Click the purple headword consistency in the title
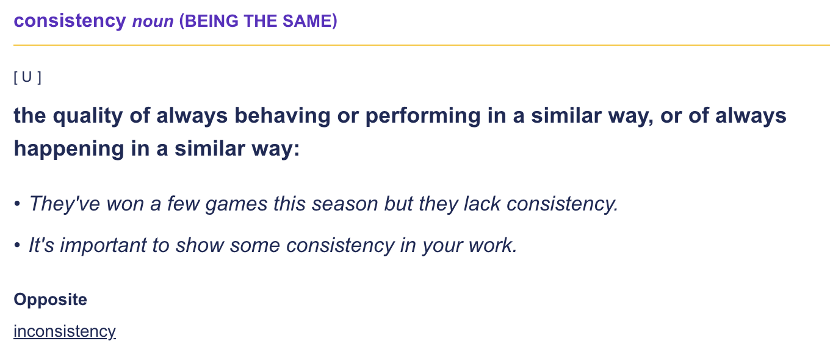[70, 21]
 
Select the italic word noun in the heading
[153, 22]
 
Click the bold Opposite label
[50, 300]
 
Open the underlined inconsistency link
[65, 331]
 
